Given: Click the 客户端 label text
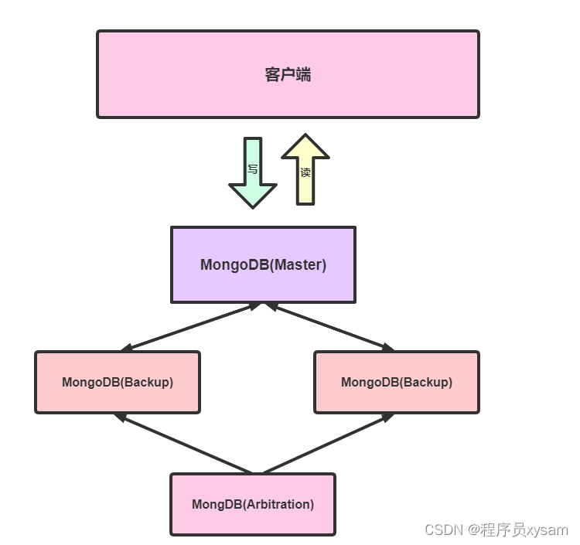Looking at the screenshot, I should coord(288,75).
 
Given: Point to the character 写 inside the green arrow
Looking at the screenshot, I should coord(253,169).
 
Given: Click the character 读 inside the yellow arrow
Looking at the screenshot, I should coord(305,172).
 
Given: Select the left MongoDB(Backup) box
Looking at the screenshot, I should coord(117,382).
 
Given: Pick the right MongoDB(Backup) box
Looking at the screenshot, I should coord(396,382).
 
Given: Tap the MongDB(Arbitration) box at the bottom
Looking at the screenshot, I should coord(253,504).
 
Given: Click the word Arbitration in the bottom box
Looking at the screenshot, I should coord(278,504).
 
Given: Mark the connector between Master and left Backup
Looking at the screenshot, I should coord(190,327).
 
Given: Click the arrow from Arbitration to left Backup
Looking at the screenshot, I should coord(183,443).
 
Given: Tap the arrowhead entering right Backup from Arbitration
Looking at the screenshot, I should coord(391,417).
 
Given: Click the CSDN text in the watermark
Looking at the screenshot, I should coord(442,530).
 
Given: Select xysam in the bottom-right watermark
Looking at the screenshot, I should coord(548,530).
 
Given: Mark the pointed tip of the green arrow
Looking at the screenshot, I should coord(253,206).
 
